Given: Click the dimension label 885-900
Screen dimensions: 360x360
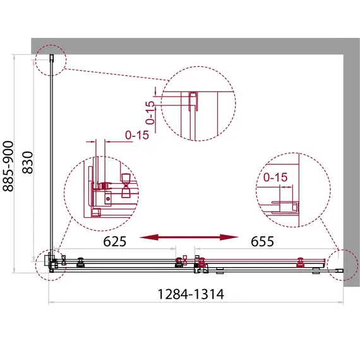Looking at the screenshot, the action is (8, 166).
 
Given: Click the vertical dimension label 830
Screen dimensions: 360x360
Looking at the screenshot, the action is (28, 162).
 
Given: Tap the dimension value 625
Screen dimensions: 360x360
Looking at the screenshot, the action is (114, 241).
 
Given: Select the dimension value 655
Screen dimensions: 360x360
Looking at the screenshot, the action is (262, 241).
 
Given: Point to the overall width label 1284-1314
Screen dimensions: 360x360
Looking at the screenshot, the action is (191, 294).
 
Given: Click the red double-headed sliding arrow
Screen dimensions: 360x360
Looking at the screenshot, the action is (189, 237).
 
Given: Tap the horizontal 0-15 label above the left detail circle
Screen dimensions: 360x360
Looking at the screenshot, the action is (137, 135).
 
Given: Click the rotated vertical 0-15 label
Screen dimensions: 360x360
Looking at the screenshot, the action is (150, 112).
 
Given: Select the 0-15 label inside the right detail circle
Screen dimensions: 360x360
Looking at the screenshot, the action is (275, 177).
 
